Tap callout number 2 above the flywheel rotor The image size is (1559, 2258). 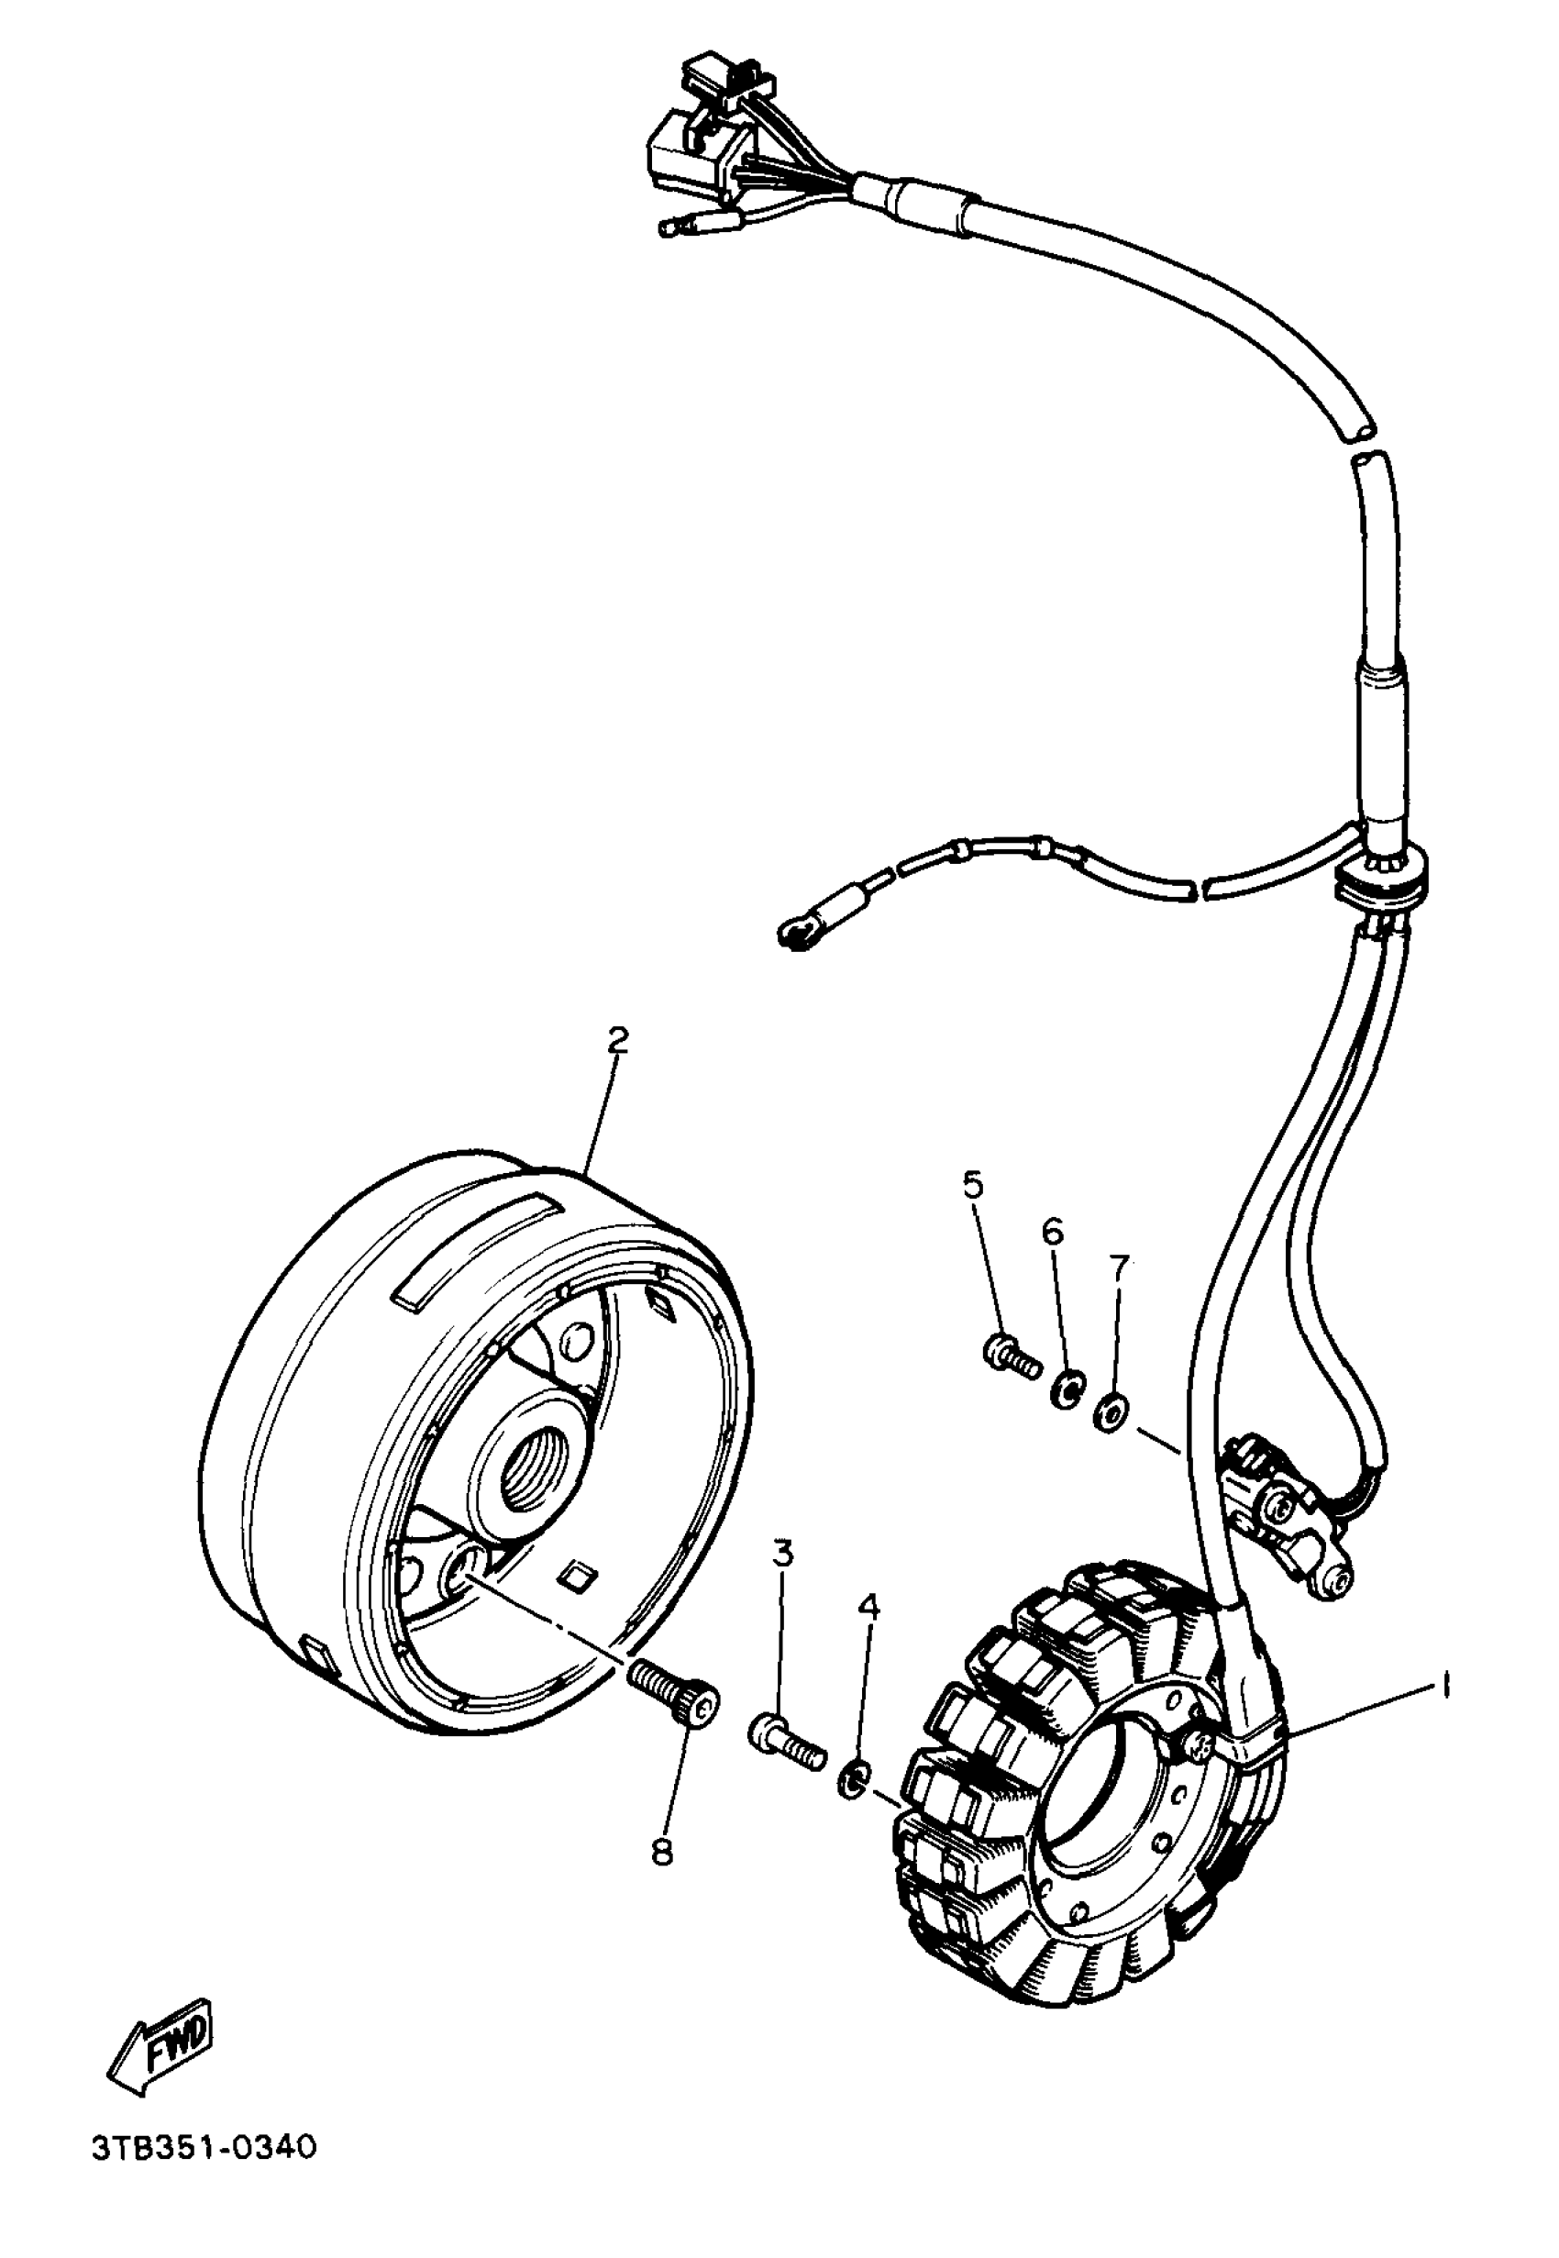tap(617, 1041)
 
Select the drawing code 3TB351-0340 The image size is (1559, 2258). tap(205, 2150)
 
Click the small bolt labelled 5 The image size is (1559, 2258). tap(1010, 1356)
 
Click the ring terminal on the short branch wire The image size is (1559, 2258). tap(796, 934)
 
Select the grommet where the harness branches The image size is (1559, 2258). tap(1381, 872)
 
